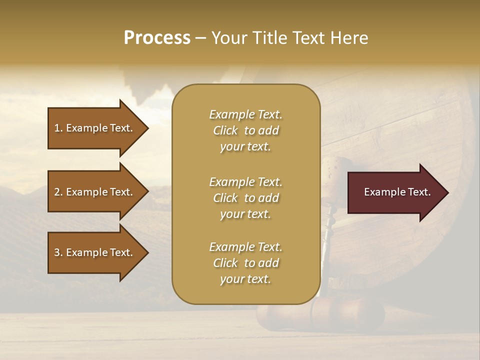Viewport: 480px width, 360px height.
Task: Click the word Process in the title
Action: tap(157, 38)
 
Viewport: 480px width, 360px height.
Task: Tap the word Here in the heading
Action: tap(348, 38)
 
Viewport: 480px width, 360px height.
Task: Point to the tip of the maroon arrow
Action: tap(447, 192)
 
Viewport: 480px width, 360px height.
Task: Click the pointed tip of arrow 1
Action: tap(147, 128)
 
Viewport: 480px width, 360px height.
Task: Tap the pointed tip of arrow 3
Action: tap(147, 252)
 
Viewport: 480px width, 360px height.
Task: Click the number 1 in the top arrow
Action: tap(57, 128)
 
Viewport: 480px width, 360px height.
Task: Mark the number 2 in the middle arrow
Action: tap(57, 192)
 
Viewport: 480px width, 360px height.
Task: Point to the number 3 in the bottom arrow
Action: tap(57, 252)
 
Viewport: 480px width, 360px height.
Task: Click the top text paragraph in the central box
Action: tap(245, 130)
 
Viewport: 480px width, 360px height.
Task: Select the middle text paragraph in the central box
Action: tap(245, 197)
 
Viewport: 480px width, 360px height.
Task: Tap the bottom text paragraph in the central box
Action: tap(245, 263)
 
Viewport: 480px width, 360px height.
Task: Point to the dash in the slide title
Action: tap(200, 38)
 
